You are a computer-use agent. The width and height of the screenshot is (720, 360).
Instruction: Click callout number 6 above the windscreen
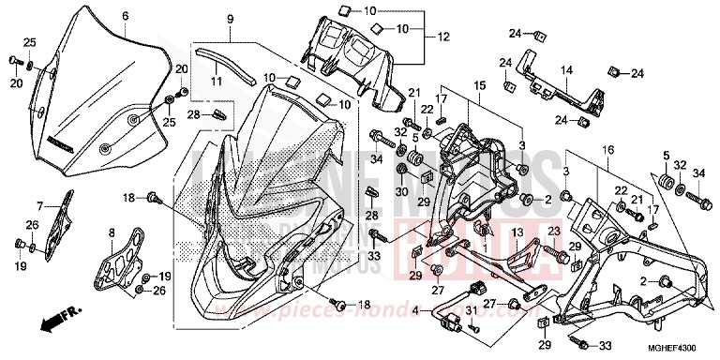pyautogui.click(x=125, y=16)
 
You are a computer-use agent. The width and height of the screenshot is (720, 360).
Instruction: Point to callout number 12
pyautogui.click(x=433, y=37)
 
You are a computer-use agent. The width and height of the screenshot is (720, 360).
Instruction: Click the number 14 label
pyautogui.click(x=565, y=68)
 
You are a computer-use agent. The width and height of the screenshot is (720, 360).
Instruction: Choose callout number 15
pyautogui.click(x=478, y=85)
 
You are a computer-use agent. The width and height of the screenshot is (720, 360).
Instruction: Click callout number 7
pyautogui.click(x=40, y=205)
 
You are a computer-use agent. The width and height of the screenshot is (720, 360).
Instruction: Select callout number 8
pyautogui.click(x=112, y=232)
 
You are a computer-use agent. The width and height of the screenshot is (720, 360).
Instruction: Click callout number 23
pyautogui.click(x=554, y=230)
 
